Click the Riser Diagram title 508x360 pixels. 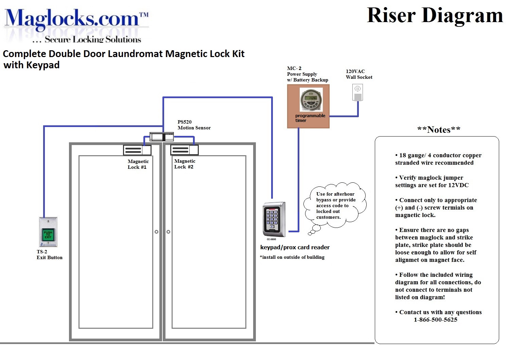click(x=435, y=16)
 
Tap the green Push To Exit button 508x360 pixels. click(x=48, y=234)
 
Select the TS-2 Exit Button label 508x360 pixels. click(x=49, y=255)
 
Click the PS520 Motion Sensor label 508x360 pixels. click(x=194, y=125)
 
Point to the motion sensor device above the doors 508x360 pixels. click(x=162, y=137)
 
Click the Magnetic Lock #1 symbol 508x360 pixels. click(x=137, y=150)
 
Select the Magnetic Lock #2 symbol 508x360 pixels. click(x=184, y=149)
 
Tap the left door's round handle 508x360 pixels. click(x=156, y=232)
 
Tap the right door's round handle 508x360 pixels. click(x=168, y=232)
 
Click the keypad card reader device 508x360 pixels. click(x=274, y=219)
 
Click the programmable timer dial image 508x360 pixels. click(x=311, y=99)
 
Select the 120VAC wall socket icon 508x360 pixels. click(x=357, y=93)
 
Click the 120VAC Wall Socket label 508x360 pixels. click(x=359, y=74)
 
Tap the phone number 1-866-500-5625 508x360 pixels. click(x=435, y=320)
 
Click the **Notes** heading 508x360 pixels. click(x=438, y=130)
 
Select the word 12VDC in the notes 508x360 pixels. click(x=458, y=185)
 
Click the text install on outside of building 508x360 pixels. click(x=292, y=257)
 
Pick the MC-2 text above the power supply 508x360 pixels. click(x=294, y=68)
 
